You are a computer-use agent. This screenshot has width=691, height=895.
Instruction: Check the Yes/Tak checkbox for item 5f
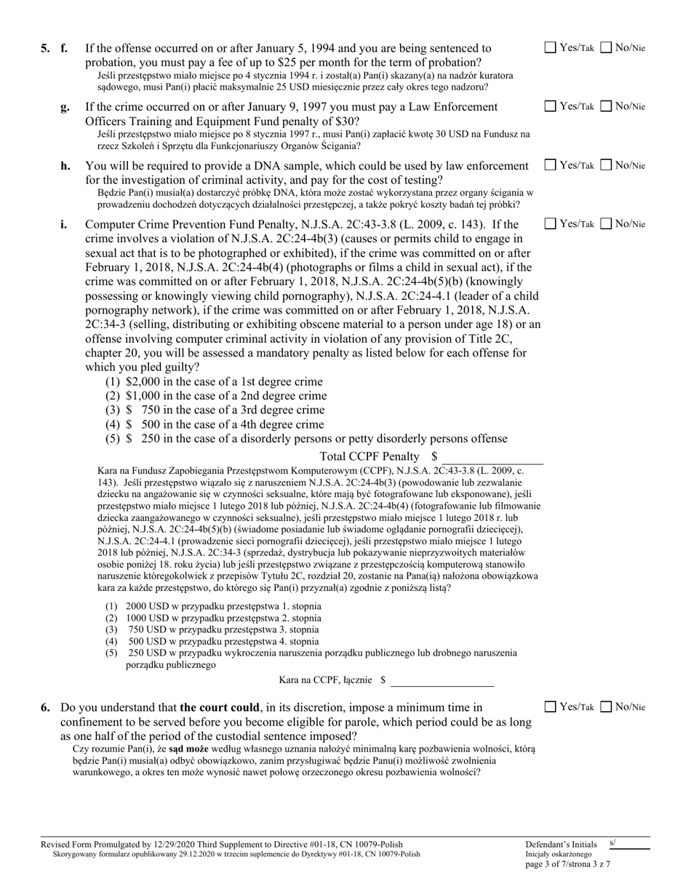click(551, 49)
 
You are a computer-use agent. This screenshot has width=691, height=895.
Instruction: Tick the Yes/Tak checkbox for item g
click(551, 107)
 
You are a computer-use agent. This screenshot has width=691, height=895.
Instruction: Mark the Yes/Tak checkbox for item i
click(551, 224)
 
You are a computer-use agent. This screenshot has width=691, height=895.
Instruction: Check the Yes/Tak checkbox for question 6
click(551, 707)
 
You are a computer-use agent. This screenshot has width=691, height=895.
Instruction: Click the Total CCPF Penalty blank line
click(493, 458)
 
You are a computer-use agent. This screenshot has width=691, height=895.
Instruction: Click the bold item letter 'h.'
click(65, 166)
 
